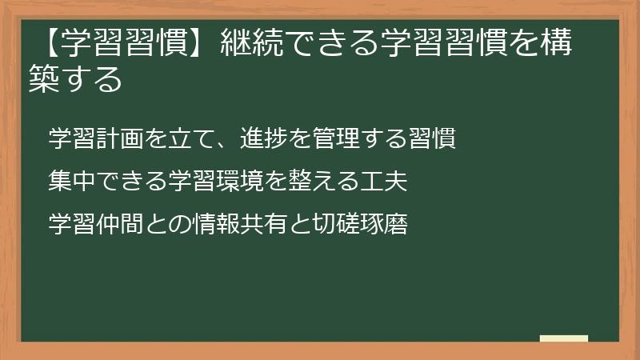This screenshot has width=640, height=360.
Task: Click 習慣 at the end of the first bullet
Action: click(x=435, y=138)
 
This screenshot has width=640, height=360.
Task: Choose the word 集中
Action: click(x=68, y=182)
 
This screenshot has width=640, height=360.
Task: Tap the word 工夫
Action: click(x=389, y=182)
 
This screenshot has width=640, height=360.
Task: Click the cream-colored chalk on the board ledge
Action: click(x=563, y=339)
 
